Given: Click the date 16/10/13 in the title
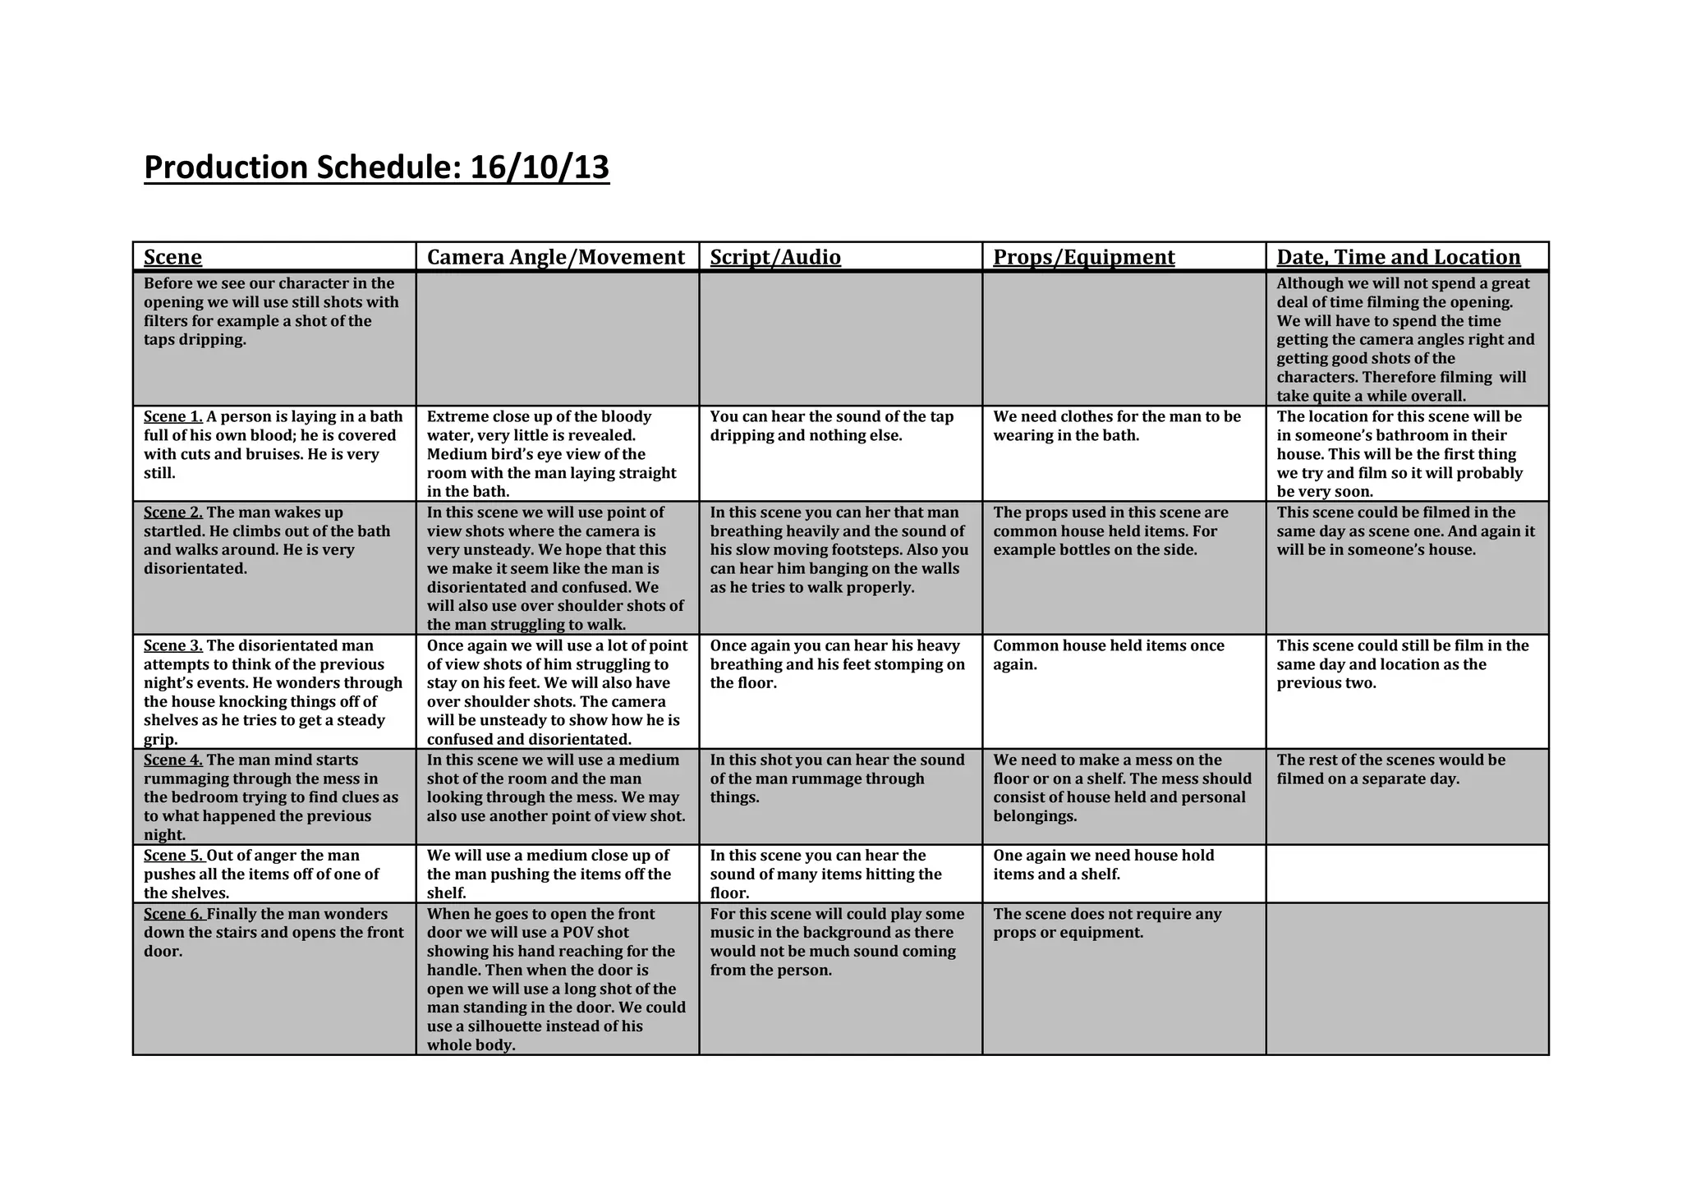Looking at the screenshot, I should (x=540, y=168).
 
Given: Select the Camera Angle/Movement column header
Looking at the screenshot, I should (x=555, y=257).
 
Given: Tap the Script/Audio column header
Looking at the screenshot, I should (x=775, y=257).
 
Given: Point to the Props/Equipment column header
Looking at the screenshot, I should (x=1083, y=257).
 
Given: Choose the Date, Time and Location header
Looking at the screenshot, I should (x=1398, y=257).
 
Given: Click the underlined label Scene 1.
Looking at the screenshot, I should (x=172, y=417).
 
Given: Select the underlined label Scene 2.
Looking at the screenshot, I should (x=172, y=512).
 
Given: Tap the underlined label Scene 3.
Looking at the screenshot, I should (x=172, y=645).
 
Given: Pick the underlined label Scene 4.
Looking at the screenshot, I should (x=172, y=760).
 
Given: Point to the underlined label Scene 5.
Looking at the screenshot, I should (x=172, y=856).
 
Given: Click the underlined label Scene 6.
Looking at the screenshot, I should (x=172, y=914).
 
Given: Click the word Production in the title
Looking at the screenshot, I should (x=225, y=168).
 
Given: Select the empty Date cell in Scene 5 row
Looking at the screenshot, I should (x=1407, y=874).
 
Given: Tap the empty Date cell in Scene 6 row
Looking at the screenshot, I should (x=1407, y=979).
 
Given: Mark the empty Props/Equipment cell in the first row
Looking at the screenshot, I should (x=1124, y=338).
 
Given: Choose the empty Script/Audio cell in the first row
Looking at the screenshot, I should (x=840, y=338).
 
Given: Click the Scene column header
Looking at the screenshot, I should (x=172, y=257).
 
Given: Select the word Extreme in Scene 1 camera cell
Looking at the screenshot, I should (x=457, y=417).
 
